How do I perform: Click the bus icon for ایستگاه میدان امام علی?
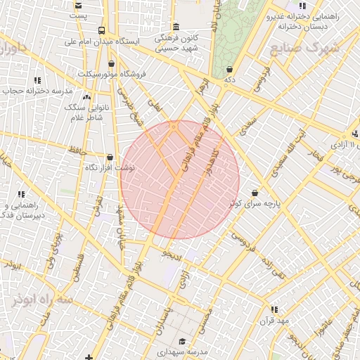click(102, 30)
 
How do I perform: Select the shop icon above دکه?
click(230, 69)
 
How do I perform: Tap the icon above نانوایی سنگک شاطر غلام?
click(86, 98)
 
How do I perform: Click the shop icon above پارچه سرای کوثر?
click(254, 192)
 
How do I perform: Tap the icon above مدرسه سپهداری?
click(181, 338)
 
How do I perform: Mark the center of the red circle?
click(180, 180)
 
